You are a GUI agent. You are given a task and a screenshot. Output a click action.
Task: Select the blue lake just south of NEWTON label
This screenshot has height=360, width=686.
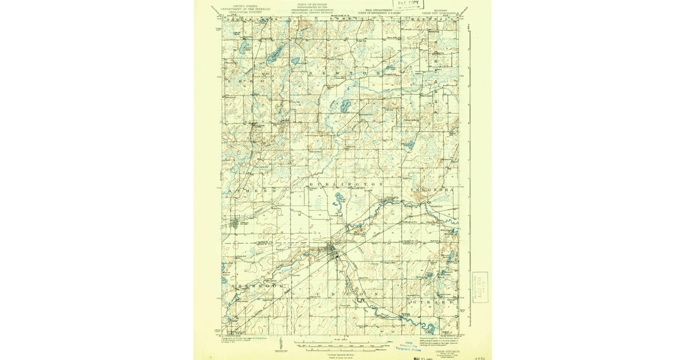[x=345, y=106]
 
